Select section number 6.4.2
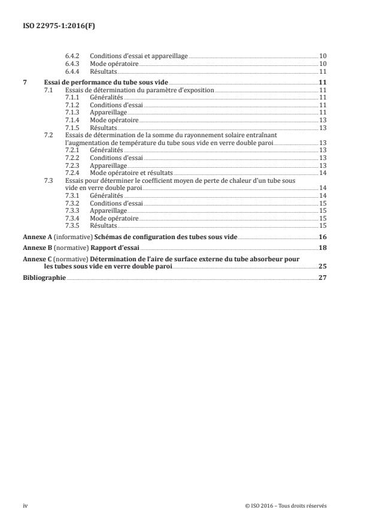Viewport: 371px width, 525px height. pyautogui.click(x=72, y=56)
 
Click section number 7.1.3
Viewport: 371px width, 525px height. pyautogui.click(x=72, y=112)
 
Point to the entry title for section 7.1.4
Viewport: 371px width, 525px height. pyautogui.click(x=114, y=120)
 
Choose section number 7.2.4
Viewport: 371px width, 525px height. pyautogui.click(x=72, y=173)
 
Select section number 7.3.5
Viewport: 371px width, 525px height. pyautogui.click(x=72, y=226)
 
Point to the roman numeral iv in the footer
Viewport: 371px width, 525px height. pyautogui.click(x=25, y=505)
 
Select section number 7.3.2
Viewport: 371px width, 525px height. pyautogui.click(x=72, y=203)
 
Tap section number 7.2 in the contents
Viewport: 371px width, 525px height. pyautogui.click(x=49, y=135)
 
